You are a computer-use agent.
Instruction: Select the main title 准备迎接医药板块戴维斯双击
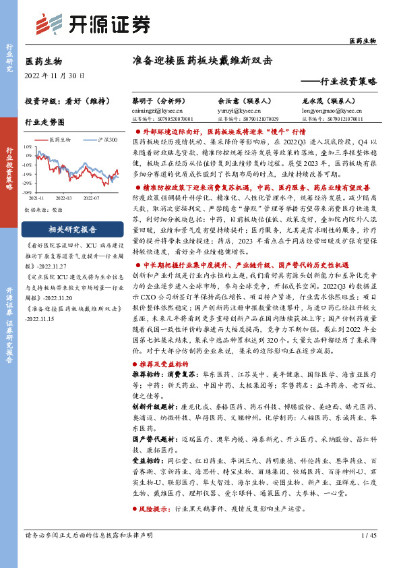(202, 59)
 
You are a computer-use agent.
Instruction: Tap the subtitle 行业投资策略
(343, 80)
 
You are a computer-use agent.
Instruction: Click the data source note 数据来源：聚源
(41, 210)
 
